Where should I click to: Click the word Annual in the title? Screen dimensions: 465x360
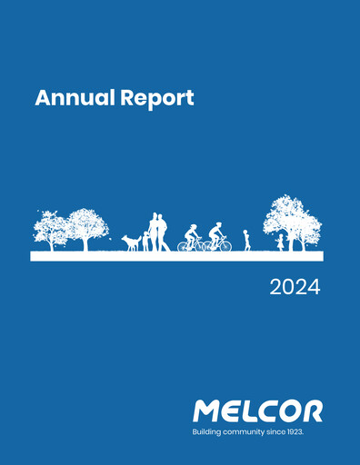[x=72, y=98]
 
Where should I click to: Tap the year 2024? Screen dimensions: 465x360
[x=295, y=289]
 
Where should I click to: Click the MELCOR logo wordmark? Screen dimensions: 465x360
[x=257, y=411]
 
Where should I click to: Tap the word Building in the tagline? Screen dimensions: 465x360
[x=206, y=431]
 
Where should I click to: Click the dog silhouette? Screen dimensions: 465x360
[x=132, y=242]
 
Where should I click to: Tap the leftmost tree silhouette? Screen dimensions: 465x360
[x=51, y=229]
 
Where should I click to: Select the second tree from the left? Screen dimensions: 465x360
[x=87, y=227]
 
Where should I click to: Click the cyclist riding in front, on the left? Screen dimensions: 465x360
[x=191, y=239]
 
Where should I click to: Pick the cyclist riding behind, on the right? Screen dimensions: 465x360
[x=217, y=239]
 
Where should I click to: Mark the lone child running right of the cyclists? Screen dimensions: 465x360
[x=246, y=241]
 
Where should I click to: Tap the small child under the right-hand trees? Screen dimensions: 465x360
[x=280, y=242]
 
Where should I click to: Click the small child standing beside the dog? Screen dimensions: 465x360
[x=145, y=242]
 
